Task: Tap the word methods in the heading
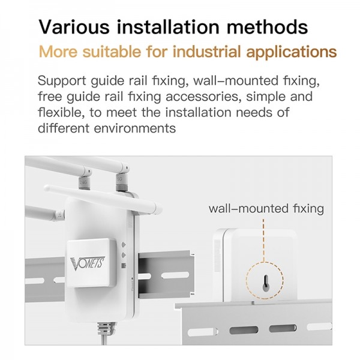[x=274, y=27]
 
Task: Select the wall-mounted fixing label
[x=266, y=209]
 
